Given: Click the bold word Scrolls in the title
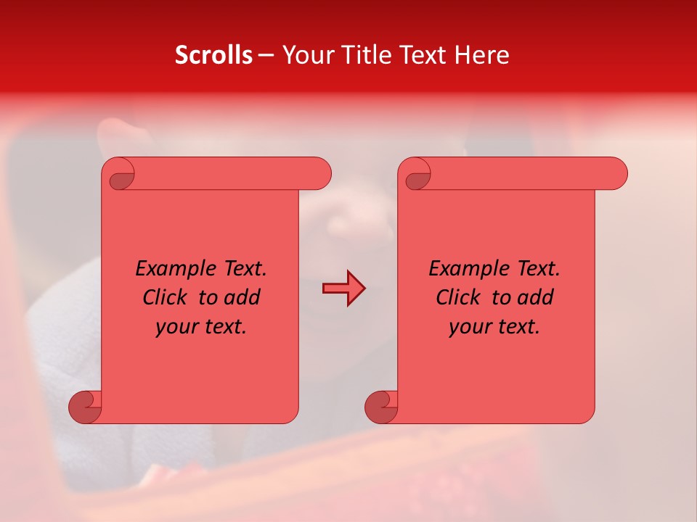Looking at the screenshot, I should (213, 55).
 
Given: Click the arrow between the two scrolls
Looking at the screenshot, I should (343, 289).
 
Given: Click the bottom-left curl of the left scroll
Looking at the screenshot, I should (85, 407).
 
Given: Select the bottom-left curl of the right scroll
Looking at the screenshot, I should (380, 407).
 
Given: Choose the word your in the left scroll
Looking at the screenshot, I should (175, 327).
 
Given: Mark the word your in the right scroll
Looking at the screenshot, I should (468, 327).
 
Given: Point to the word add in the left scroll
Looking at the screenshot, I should (242, 297).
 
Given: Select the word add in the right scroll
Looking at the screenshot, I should (536, 297).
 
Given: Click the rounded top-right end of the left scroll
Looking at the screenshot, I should (320, 174).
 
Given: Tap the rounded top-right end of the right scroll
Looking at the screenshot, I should (616, 174).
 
